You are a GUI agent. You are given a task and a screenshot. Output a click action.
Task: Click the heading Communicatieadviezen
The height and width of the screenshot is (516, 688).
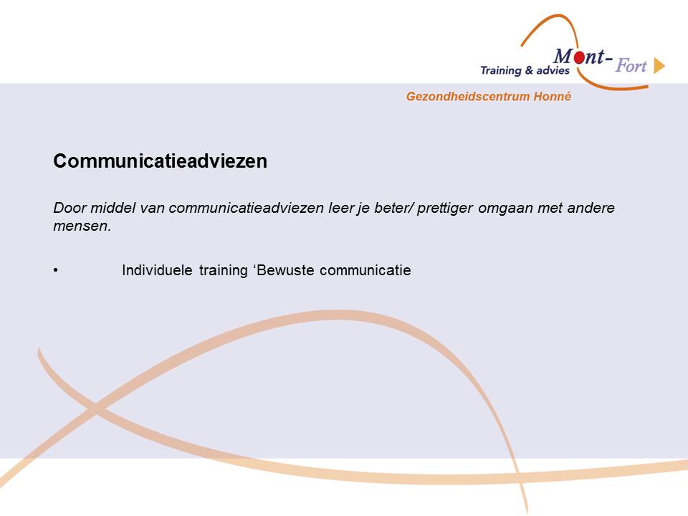[160, 161]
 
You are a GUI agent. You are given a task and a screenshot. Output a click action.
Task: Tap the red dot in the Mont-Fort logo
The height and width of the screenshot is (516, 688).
[580, 57]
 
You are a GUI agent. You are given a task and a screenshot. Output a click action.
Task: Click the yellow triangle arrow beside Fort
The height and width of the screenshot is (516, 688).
[659, 66]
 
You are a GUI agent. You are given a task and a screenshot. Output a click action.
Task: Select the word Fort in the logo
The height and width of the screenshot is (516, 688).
[631, 66]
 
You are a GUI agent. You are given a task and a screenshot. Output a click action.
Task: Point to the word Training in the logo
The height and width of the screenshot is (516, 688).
[500, 71]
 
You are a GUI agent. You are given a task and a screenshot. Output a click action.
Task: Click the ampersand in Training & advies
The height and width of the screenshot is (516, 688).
[529, 70]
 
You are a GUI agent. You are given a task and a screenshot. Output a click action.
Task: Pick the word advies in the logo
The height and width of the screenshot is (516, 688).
[553, 70]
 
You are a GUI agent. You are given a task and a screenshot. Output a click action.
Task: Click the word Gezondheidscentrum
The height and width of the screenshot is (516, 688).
[468, 97]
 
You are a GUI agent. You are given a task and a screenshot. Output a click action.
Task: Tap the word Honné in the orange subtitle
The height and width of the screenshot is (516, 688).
[553, 96]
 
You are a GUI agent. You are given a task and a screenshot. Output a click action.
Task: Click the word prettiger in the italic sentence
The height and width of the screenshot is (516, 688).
[445, 208]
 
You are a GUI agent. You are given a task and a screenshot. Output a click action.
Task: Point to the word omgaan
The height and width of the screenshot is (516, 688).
[505, 209]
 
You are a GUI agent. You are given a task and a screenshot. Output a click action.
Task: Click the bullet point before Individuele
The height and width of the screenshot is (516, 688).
[56, 270]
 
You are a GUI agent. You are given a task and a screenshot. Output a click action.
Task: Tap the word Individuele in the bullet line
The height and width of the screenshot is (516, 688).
[157, 270]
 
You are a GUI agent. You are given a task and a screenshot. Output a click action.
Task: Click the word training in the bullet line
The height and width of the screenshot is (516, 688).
[224, 271]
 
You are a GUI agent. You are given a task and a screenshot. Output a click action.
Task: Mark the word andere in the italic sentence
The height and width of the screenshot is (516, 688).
[591, 208]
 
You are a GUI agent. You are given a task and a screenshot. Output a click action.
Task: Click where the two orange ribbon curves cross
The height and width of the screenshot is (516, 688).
[95, 409]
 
